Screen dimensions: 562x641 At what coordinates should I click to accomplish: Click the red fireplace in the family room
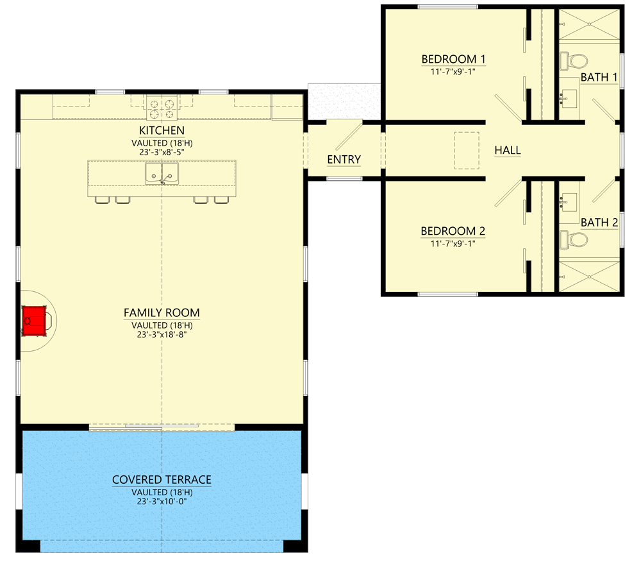pyautogui.click(x=35, y=319)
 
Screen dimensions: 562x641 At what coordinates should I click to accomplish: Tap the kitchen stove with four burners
pyautogui.click(x=162, y=108)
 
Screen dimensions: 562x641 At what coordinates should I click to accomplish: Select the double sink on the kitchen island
pyautogui.click(x=162, y=173)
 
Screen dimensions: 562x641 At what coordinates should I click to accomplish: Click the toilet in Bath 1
pyautogui.click(x=574, y=61)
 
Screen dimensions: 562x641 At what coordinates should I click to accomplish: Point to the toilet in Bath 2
pyautogui.click(x=574, y=240)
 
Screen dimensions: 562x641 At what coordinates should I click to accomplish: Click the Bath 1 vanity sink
pyautogui.click(x=569, y=99)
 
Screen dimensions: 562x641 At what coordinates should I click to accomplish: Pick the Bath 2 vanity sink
pyautogui.click(x=569, y=202)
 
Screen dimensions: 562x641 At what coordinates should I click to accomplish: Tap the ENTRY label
pyautogui.click(x=344, y=160)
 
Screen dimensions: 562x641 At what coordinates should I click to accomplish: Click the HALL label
pyautogui.click(x=508, y=151)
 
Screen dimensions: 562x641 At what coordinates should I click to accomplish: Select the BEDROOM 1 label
pyautogui.click(x=453, y=60)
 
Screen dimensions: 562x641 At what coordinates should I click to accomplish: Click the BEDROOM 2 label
pyautogui.click(x=453, y=231)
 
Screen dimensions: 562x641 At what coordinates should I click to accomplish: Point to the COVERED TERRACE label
pyautogui.click(x=162, y=480)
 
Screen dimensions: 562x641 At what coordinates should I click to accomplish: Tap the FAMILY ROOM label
pyautogui.click(x=162, y=313)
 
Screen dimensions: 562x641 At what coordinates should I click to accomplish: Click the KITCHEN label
pyautogui.click(x=162, y=131)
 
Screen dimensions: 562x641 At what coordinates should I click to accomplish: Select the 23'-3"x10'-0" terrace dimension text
pyautogui.click(x=162, y=502)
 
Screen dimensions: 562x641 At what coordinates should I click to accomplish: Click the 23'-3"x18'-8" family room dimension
pyautogui.click(x=162, y=334)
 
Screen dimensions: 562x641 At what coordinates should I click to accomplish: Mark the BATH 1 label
pyautogui.click(x=599, y=78)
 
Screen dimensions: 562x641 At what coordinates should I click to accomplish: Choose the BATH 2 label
pyautogui.click(x=599, y=223)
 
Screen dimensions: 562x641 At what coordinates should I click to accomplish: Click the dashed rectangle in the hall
pyautogui.click(x=467, y=151)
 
